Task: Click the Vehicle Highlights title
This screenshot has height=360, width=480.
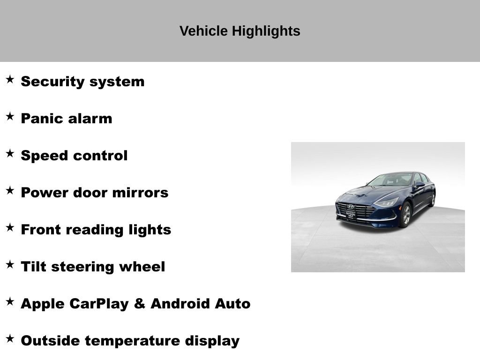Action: (x=240, y=31)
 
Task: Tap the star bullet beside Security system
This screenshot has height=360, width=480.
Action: (x=10, y=80)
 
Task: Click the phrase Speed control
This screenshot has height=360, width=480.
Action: (x=74, y=156)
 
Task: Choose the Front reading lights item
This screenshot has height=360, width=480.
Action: (x=96, y=230)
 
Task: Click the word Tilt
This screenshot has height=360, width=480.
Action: (x=33, y=267)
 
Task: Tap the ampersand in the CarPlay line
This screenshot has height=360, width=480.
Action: (x=139, y=304)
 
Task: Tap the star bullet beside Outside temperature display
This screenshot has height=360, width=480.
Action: (x=10, y=339)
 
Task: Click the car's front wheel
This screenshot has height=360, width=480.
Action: (x=406, y=215)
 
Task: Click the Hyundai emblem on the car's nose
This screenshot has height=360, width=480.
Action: (x=351, y=206)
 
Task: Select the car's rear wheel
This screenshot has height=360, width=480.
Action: (x=432, y=199)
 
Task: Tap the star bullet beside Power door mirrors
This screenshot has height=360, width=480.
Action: (x=10, y=191)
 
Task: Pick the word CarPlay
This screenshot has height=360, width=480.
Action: (x=99, y=304)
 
